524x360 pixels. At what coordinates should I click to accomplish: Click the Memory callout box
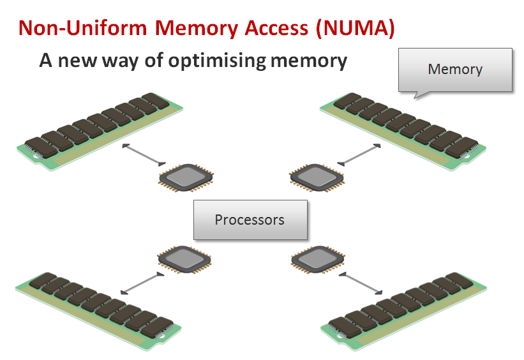tap(455, 69)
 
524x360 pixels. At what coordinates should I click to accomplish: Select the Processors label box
tap(250, 220)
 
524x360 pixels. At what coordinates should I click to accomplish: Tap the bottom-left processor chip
tap(184, 259)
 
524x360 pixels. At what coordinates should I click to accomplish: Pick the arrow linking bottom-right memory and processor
tap(362, 283)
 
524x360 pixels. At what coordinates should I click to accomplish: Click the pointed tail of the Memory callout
tap(418, 95)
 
